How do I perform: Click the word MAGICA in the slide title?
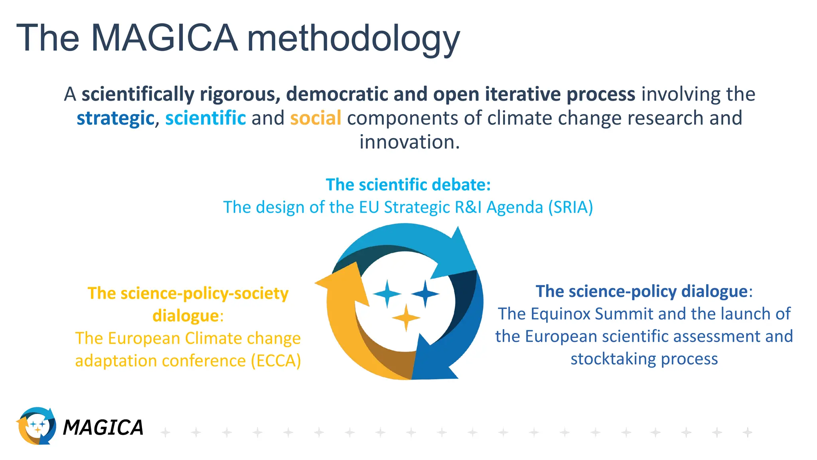click(164, 38)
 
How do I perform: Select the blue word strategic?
click(115, 118)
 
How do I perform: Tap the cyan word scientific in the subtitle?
click(205, 118)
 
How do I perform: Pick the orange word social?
click(316, 118)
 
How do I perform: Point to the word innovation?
click(409, 142)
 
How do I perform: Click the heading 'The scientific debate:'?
click(408, 184)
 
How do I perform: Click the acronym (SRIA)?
click(570, 207)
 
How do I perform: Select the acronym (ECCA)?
click(276, 361)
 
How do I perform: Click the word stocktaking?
click(612, 359)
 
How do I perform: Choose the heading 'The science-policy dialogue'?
click(641, 291)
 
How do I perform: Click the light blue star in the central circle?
click(387, 294)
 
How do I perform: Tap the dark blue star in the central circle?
click(425, 294)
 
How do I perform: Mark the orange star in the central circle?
click(406, 318)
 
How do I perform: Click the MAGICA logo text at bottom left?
click(103, 428)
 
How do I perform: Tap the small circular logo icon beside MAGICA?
click(36, 426)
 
